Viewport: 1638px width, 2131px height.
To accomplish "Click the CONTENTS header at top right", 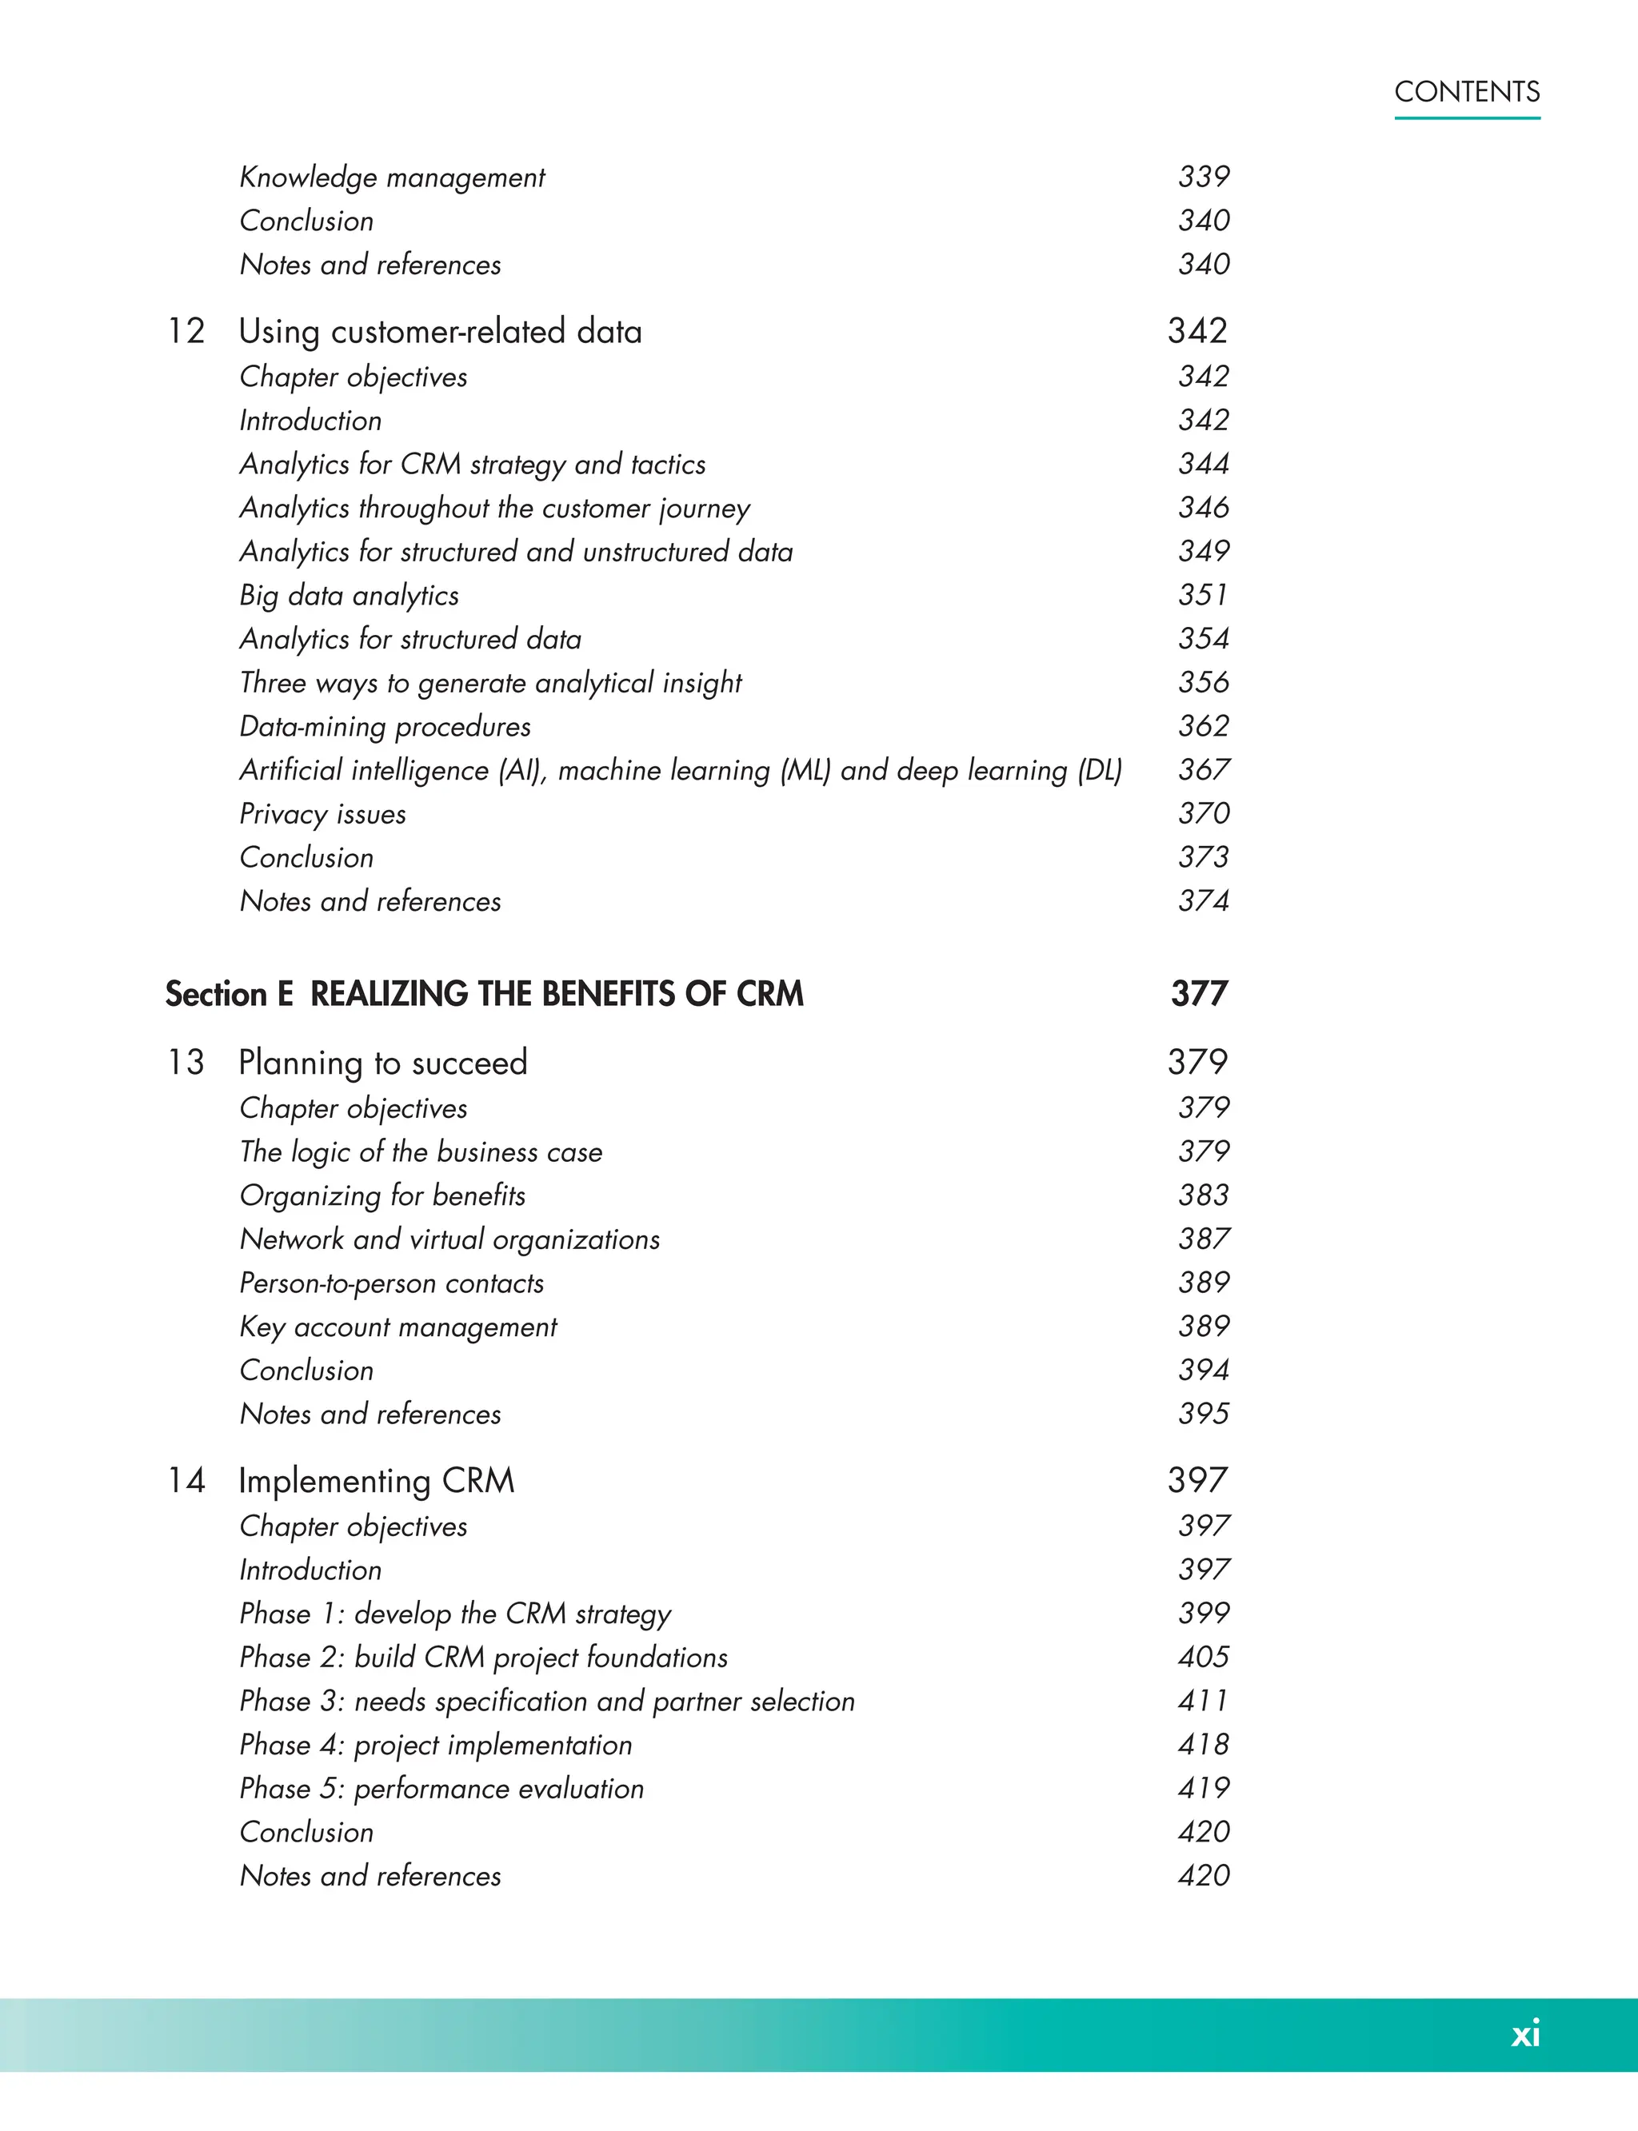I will tap(1466, 92).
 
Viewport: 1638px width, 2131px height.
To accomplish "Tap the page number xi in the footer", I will tap(1525, 2033).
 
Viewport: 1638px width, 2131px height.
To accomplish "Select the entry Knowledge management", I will tap(392, 178).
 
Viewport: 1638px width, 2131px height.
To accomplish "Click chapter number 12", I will tap(186, 332).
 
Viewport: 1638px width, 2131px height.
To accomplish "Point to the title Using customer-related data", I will tap(441, 332).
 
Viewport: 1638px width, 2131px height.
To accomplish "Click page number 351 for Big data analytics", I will tap(1203, 595).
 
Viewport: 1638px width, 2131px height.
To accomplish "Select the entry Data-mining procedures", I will tap(386, 726).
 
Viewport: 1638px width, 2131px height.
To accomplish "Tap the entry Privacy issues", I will tap(323, 814).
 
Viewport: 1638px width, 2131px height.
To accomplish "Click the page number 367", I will tap(1203, 770).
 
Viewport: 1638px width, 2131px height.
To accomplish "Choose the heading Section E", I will tap(229, 995).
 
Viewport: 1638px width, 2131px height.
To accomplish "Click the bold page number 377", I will tap(1199, 995).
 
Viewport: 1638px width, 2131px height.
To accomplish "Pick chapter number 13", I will tap(186, 1063).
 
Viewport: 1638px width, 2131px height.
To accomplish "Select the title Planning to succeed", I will tap(383, 1063).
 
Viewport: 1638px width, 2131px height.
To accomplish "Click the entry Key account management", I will tap(398, 1327).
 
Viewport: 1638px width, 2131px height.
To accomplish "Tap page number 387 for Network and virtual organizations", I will tap(1203, 1239).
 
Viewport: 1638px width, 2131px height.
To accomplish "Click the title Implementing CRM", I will tap(377, 1481).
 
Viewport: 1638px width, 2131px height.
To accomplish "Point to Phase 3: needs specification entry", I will tap(547, 1701).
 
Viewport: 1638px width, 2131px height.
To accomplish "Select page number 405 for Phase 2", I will tap(1203, 1658).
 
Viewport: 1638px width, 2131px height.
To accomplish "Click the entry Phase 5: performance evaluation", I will tap(441, 1789).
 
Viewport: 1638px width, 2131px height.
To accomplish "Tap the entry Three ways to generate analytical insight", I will tap(490, 682).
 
